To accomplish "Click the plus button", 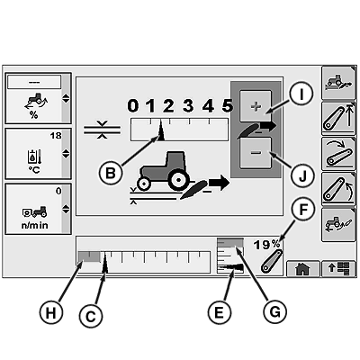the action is (256, 106).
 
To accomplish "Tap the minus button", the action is (256, 153).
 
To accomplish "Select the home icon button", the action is (302, 269).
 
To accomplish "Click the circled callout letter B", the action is (111, 173).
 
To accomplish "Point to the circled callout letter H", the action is (51, 313).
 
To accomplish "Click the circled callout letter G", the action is (275, 311).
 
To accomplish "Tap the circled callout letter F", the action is (303, 210).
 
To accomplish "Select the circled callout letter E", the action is (220, 312).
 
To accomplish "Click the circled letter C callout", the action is (91, 316).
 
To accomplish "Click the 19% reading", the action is (266, 245).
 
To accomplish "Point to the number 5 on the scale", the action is (227, 105).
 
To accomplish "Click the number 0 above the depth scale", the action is (133, 106).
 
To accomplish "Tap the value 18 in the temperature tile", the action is (56, 136).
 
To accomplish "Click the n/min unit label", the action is (34, 225).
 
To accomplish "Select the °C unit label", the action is (34, 170).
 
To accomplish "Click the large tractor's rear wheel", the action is (178, 180).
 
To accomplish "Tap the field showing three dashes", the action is (34, 82).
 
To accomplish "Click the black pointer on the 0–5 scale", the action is (161, 130).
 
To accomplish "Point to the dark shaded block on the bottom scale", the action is (89, 257).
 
